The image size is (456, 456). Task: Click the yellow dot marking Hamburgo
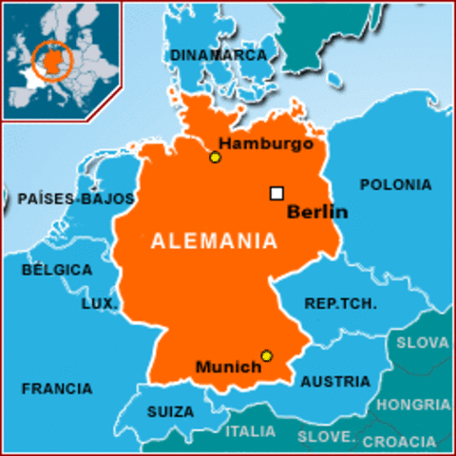coord(215,157)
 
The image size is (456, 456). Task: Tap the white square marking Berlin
coord(276,193)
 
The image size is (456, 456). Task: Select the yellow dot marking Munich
coord(266,355)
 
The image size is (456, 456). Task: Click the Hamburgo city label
coord(266,143)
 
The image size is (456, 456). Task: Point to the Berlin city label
coord(317,212)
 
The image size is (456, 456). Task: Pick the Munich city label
coord(228,367)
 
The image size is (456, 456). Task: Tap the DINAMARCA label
coord(218,55)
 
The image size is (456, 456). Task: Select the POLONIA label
coord(395,184)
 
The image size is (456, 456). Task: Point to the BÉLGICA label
coord(57,270)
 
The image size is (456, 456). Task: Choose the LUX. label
coord(99,303)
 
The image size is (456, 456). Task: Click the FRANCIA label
coord(57,389)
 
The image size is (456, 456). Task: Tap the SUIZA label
coord(170,412)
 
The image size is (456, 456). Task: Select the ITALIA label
coord(251,431)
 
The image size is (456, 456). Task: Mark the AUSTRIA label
coord(335,382)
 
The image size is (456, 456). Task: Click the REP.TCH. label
coord(340,304)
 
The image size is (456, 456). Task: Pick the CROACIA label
coord(399,441)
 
